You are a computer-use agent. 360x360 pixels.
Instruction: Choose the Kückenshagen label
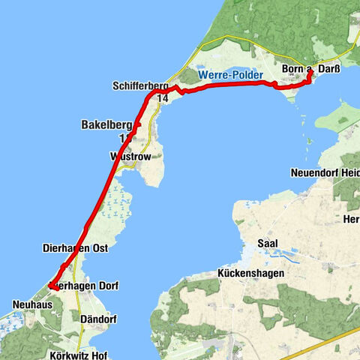251,274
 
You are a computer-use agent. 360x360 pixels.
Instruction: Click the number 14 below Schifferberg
163,97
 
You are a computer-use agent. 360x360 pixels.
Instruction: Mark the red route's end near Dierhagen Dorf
50,286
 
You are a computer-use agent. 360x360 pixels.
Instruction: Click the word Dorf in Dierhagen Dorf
106,286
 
